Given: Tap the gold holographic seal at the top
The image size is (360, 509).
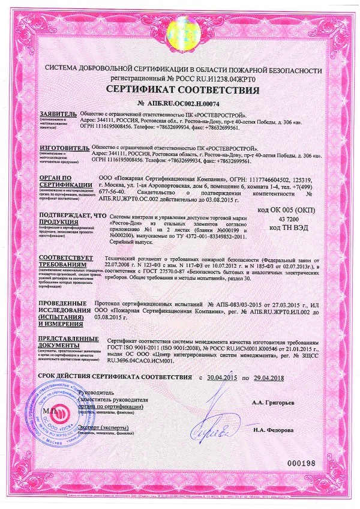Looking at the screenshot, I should click(180, 25).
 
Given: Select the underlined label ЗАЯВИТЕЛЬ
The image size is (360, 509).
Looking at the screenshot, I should click(59, 113).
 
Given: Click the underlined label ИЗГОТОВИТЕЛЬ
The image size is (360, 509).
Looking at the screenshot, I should click(64, 147).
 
